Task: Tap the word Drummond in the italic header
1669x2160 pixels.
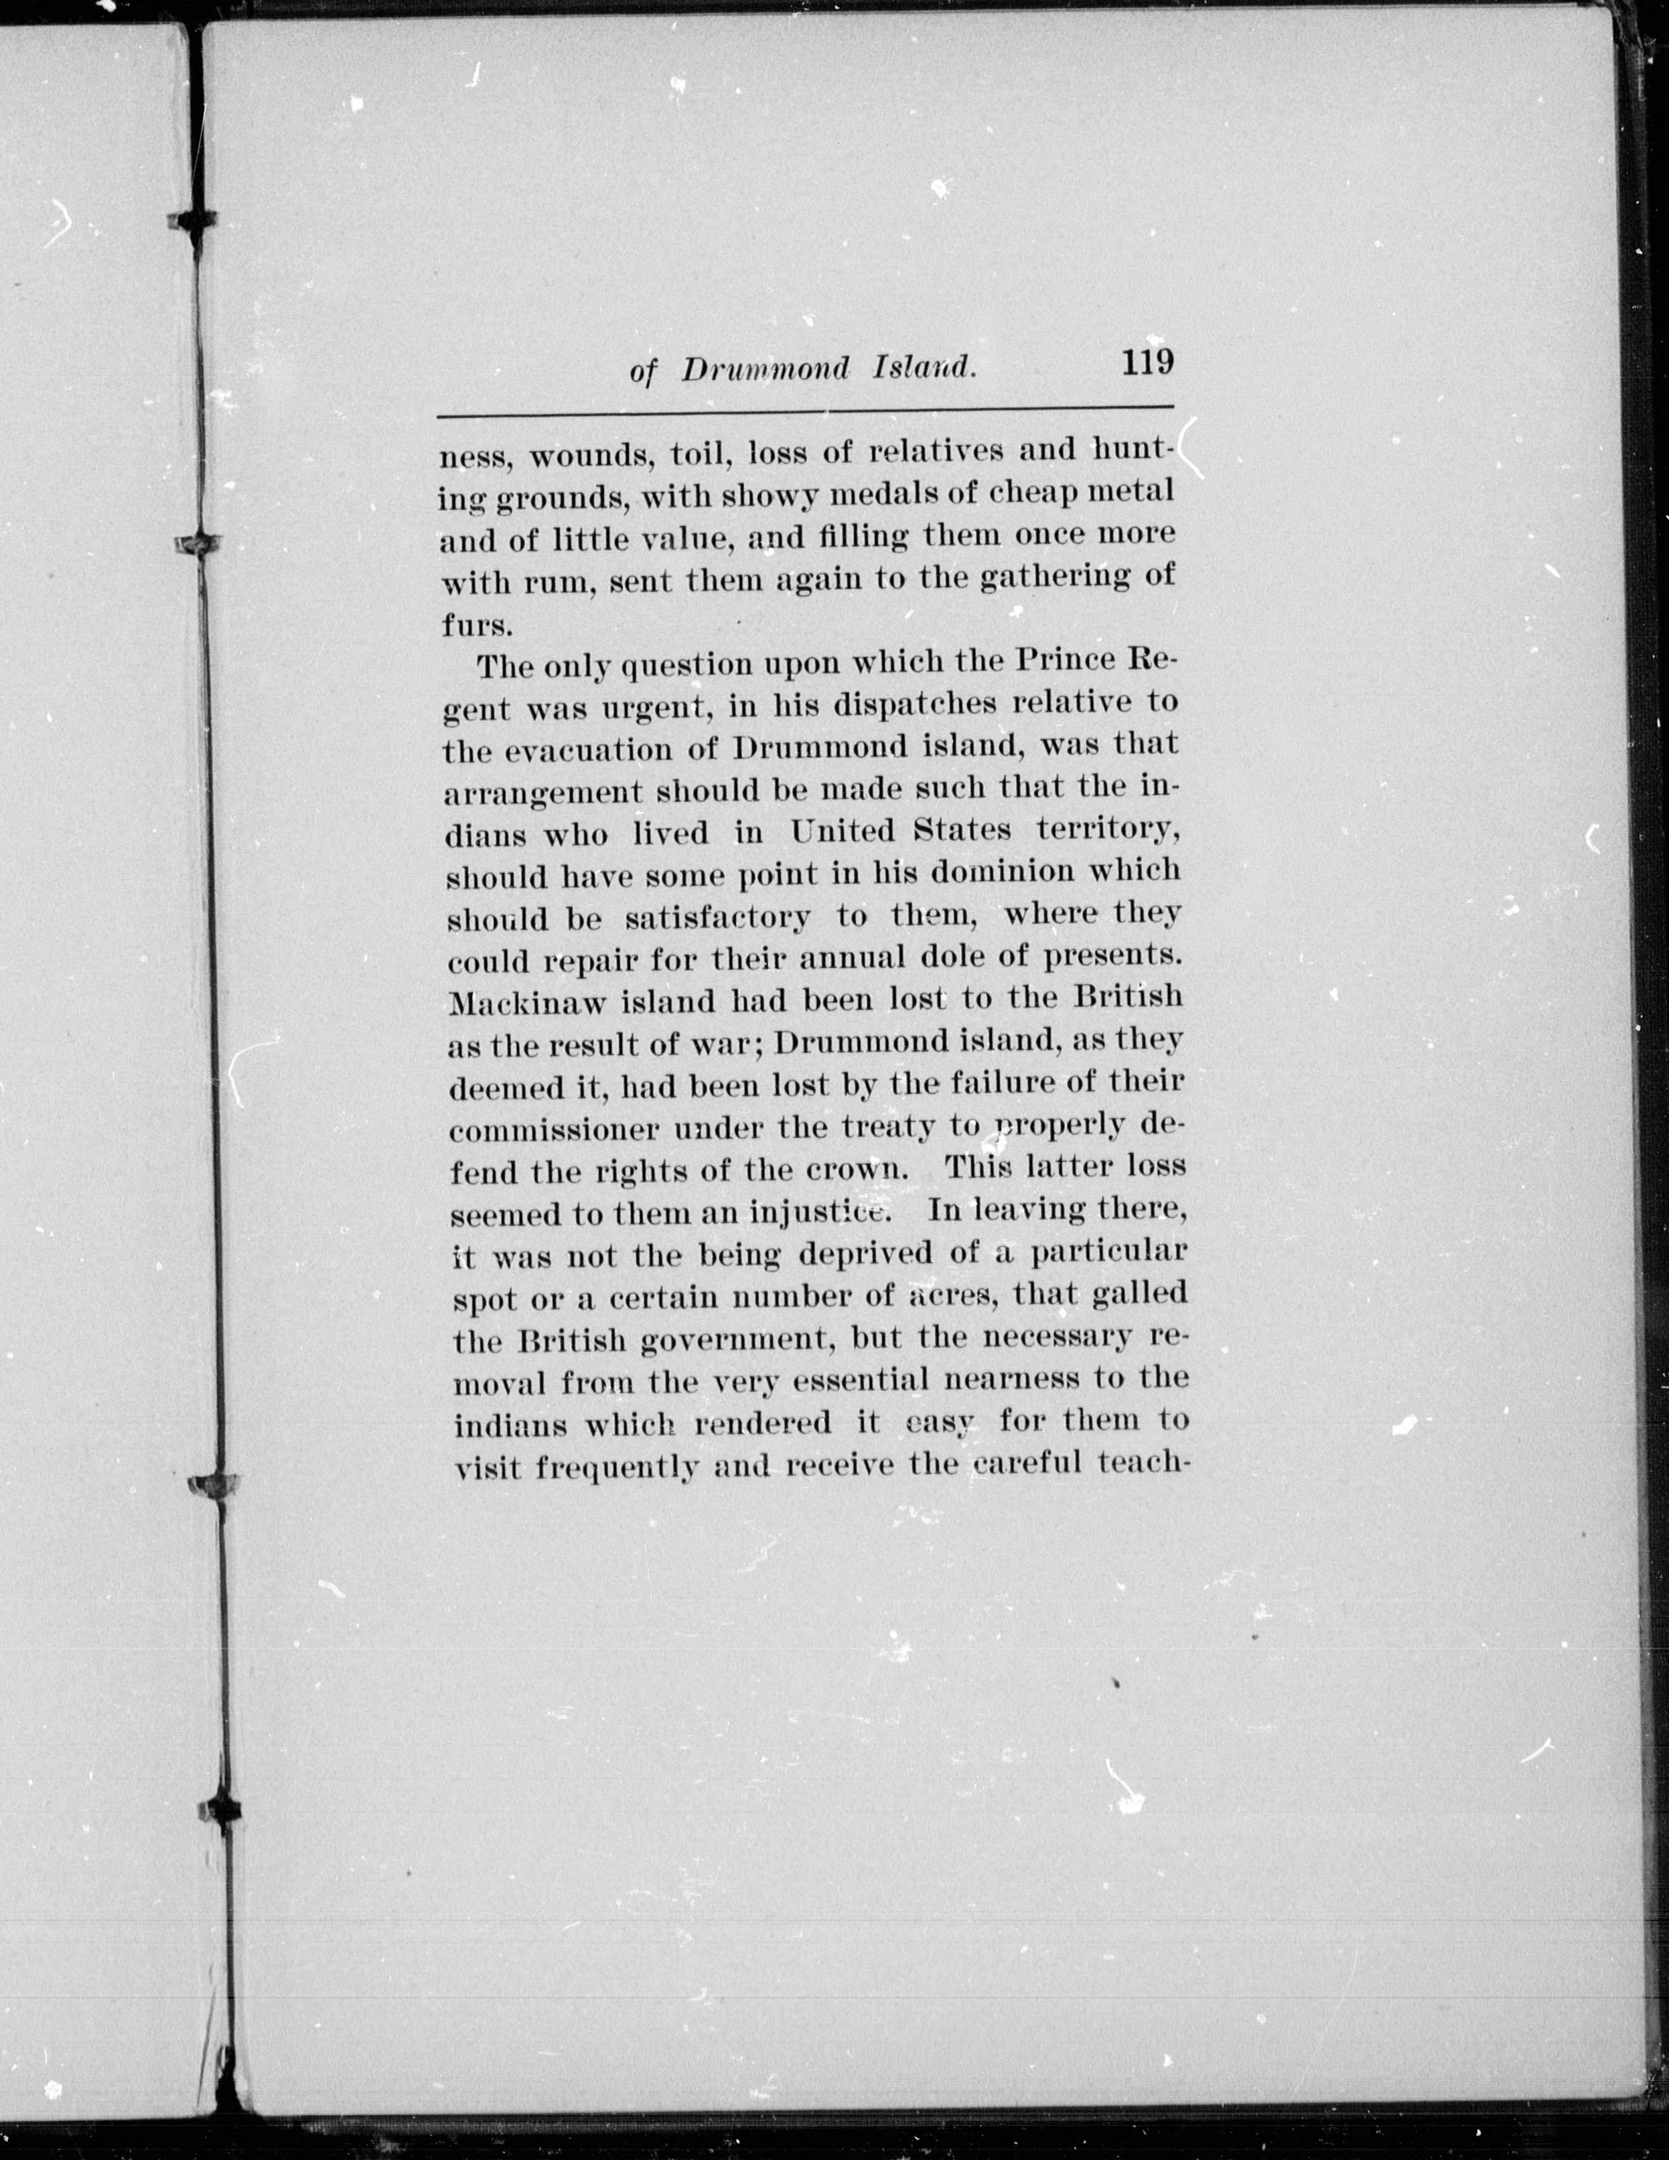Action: click(x=766, y=369)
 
